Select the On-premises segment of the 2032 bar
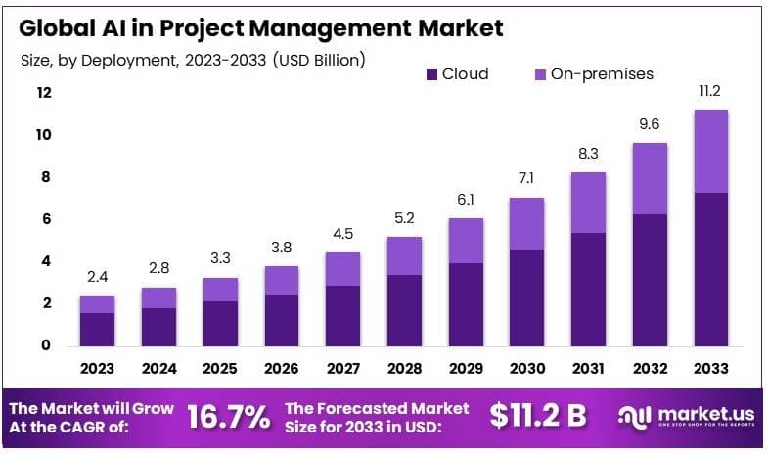[x=649, y=178]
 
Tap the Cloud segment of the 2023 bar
[x=98, y=329]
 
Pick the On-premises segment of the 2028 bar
[x=404, y=255]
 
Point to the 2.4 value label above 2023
[x=98, y=276]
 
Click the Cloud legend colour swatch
[x=430, y=74]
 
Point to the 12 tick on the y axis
[x=44, y=93]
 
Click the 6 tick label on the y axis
[x=44, y=219]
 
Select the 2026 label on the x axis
[x=282, y=369]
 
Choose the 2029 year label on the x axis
[x=465, y=369]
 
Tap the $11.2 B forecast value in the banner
[x=538, y=416]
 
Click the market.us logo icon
[x=632, y=417]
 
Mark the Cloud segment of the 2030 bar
[x=526, y=297]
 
